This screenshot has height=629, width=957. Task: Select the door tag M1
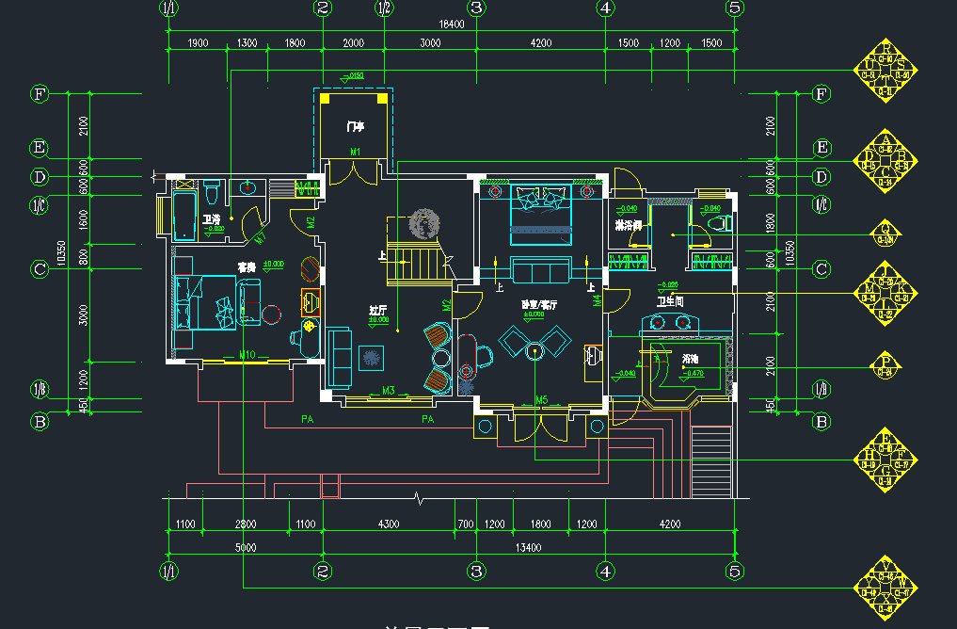(356, 152)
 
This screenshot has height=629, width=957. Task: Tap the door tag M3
(389, 390)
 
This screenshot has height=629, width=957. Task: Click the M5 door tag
(541, 400)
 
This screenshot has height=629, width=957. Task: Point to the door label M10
(247, 355)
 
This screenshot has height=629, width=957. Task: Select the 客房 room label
(247, 268)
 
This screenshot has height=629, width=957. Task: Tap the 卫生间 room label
(669, 302)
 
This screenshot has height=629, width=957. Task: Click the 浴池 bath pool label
(690, 359)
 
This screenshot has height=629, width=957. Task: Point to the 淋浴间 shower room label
(628, 226)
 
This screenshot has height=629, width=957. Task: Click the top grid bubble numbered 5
(735, 8)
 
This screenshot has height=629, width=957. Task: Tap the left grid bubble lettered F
(40, 94)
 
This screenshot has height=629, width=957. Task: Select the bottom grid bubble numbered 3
(476, 571)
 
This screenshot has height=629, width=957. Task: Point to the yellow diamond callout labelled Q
(885, 233)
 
